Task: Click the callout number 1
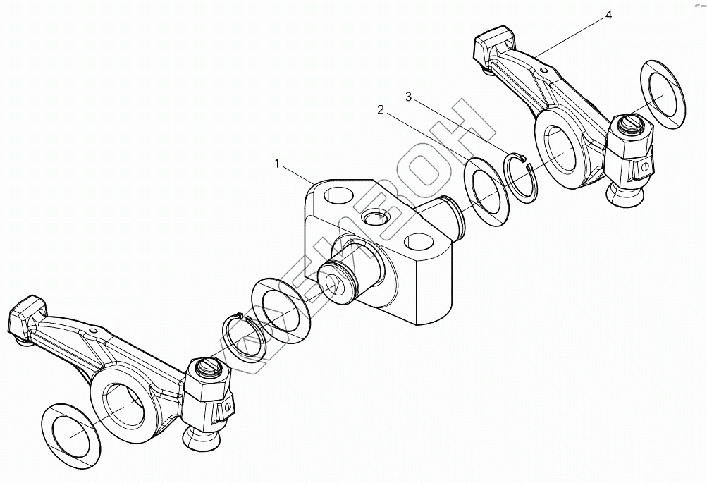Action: pos(278,164)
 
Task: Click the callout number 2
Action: pos(381,110)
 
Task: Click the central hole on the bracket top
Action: pos(374,217)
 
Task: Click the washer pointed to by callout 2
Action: pos(486,192)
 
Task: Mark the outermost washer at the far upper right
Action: pos(663,94)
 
